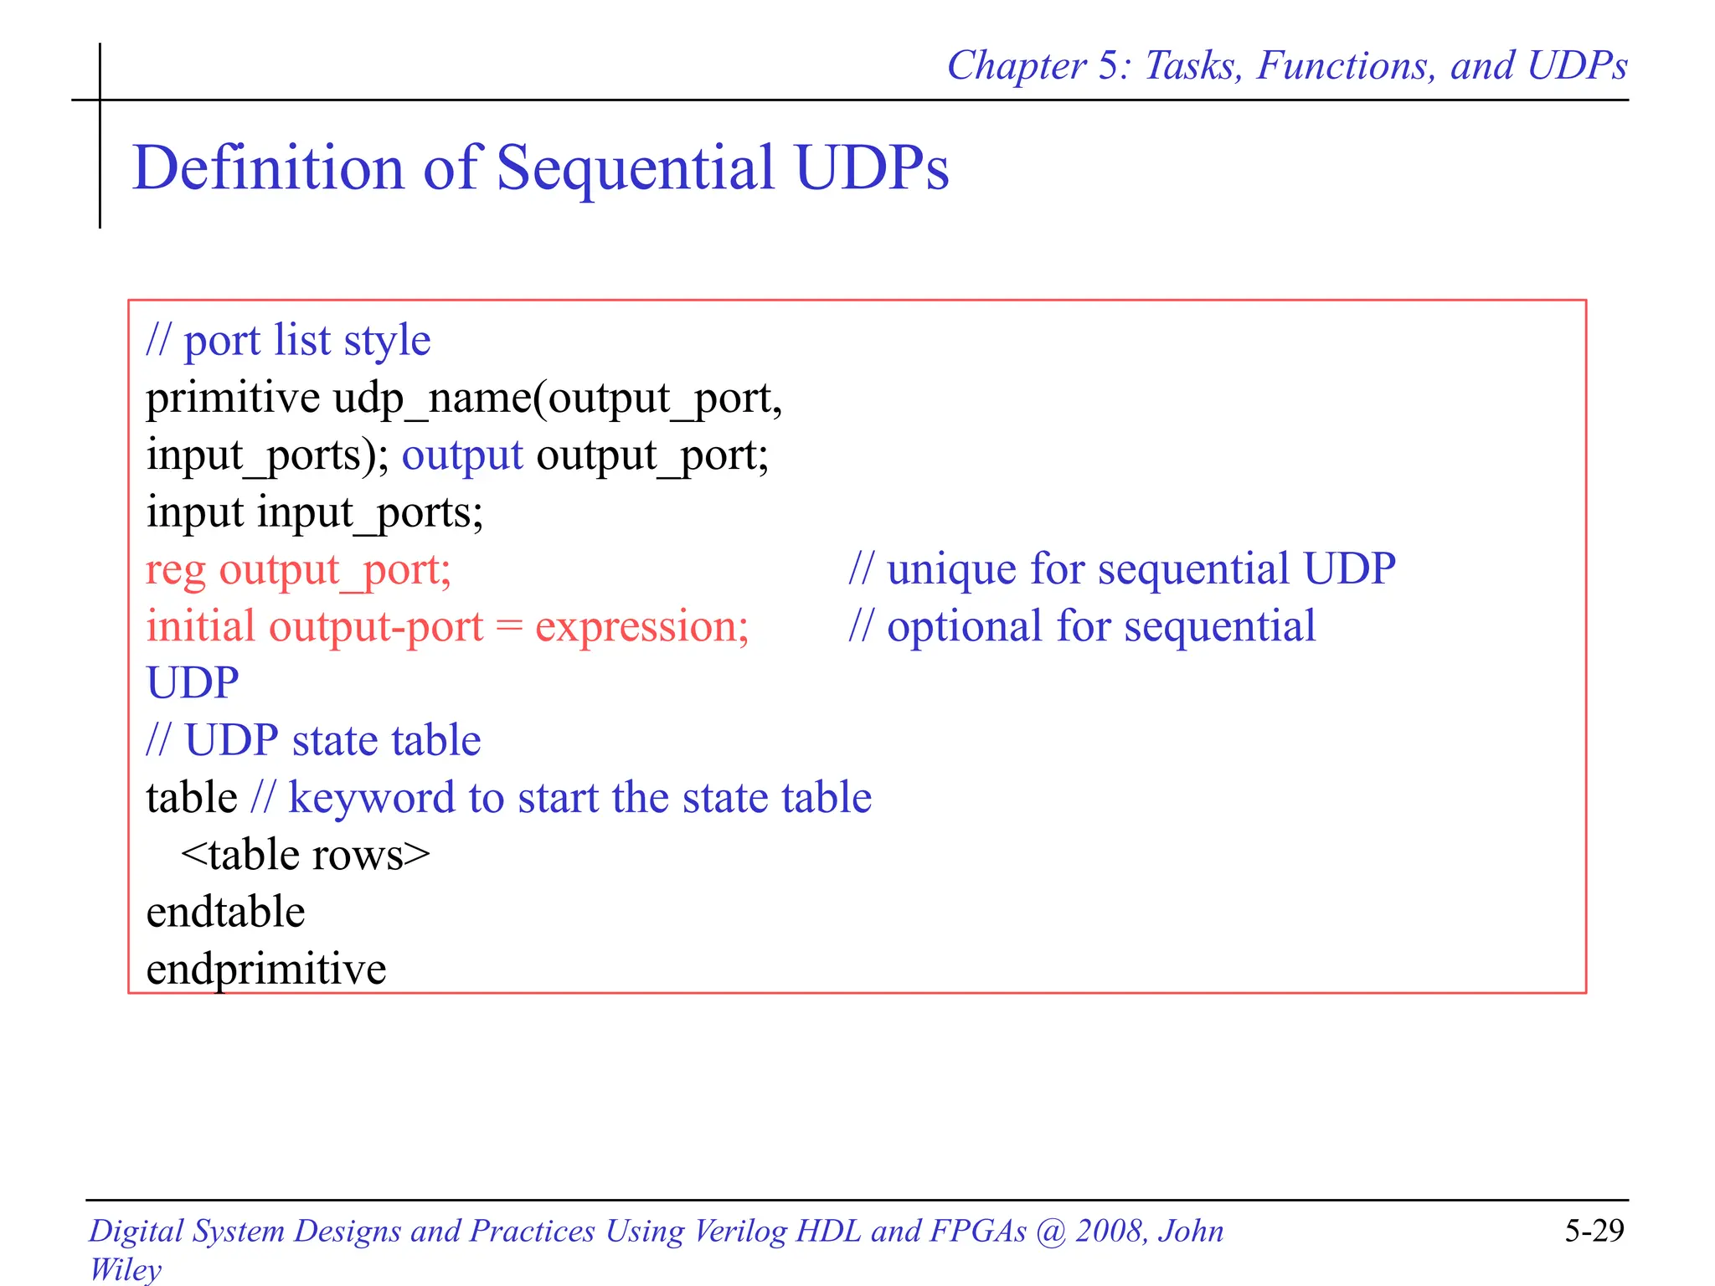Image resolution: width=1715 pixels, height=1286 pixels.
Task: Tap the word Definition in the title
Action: click(x=268, y=168)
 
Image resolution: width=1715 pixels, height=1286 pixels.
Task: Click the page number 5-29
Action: click(x=1594, y=1231)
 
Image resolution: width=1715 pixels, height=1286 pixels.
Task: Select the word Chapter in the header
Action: click(x=1016, y=66)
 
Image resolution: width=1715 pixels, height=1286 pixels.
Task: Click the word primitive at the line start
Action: click(x=232, y=398)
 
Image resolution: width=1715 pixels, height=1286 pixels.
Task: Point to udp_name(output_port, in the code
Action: click(x=558, y=399)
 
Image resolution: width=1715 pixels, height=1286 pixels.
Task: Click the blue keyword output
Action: click(x=462, y=456)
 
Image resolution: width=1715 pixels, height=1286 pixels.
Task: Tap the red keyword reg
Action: click(x=175, y=571)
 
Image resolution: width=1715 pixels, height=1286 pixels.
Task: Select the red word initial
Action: click(x=200, y=627)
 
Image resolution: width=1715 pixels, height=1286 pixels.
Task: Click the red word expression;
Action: click(x=641, y=628)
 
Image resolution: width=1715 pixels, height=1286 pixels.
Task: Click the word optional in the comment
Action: click(x=964, y=627)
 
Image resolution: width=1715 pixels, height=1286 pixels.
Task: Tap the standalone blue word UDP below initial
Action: click(x=193, y=683)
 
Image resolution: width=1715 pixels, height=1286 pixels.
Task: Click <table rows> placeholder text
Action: click(x=305, y=856)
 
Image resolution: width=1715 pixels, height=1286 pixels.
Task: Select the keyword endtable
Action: click(x=225, y=913)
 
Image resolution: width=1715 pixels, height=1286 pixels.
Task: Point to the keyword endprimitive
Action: click(x=266, y=970)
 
